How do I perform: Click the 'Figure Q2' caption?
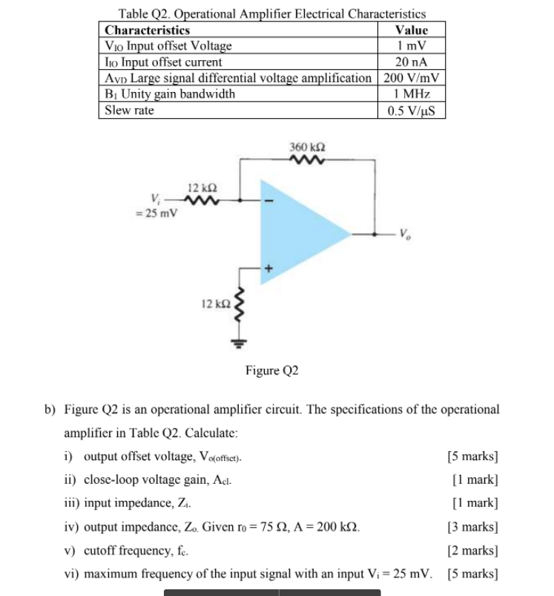(x=271, y=370)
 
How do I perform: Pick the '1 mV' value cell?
(x=412, y=46)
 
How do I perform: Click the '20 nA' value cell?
(x=412, y=62)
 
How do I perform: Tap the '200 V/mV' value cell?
(x=412, y=78)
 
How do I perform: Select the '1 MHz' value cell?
(x=412, y=94)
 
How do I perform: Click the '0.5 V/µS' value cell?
(x=412, y=111)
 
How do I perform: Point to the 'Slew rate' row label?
(x=130, y=110)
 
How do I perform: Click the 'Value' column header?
(x=412, y=30)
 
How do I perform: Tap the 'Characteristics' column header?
(x=148, y=30)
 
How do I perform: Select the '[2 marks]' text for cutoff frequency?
(x=472, y=551)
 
